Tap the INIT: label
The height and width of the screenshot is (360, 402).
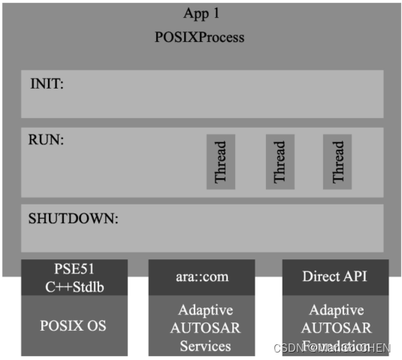pos(46,83)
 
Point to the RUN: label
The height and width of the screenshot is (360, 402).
pos(45,140)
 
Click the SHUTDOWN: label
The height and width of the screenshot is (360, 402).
pos(74,219)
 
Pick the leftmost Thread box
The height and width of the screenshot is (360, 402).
pos(221,162)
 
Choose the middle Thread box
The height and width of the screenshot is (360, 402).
pos(280,162)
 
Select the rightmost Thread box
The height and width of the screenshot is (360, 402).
pos(337,162)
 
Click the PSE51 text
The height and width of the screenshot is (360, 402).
pos(74,268)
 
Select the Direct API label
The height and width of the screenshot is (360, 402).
pos(335,277)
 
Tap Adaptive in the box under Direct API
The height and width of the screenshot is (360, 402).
pos(335,310)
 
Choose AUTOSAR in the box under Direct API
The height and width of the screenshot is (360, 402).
pos(335,328)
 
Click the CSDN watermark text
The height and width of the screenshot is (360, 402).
pos(289,348)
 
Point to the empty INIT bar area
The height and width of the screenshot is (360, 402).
pos(225,95)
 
